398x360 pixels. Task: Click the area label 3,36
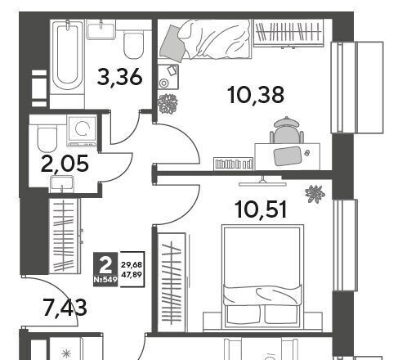tap(119, 77)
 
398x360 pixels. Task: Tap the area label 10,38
tap(257, 95)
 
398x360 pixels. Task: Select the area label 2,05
tap(65, 164)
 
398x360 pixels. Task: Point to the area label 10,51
tap(262, 209)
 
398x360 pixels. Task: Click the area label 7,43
tap(65, 308)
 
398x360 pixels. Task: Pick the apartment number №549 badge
tap(105, 280)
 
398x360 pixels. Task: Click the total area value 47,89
tap(132, 275)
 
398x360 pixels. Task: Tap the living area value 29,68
tap(132, 264)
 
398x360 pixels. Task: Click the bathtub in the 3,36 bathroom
tap(67, 56)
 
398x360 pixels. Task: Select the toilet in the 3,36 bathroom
tap(133, 44)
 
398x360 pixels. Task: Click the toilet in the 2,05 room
tap(47, 138)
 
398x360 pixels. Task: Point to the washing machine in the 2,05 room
tap(83, 131)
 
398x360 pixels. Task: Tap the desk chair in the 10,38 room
tap(287, 130)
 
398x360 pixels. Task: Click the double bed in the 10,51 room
tap(262, 277)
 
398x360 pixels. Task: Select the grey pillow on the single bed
tap(172, 43)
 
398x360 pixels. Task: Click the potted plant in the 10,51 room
tap(315, 194)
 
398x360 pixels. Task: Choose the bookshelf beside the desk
tap(234, 164)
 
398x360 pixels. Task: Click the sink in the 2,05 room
tap(62, 184)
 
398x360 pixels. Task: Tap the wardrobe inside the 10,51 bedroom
tap(172, 282)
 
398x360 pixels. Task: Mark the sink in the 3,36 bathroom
tap(101, 29)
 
